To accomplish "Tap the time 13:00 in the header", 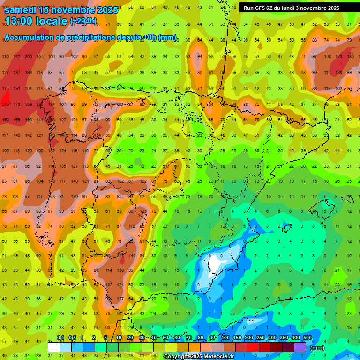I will pos(21,21).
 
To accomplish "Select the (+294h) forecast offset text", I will pos(83,21).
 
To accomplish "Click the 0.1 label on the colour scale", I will pos(60,337).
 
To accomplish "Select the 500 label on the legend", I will pos(307,337).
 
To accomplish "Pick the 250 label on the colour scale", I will pos(261,337).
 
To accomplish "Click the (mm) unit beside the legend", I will pos(317,348).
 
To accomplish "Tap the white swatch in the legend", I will pos(54,347).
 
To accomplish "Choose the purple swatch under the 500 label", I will pos(300,347).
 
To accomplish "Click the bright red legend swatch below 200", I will pos(253,347).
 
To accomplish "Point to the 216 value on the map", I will pos(6,105).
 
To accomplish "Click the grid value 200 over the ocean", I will pos(28,57).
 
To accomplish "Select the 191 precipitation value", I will pos(17,89).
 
